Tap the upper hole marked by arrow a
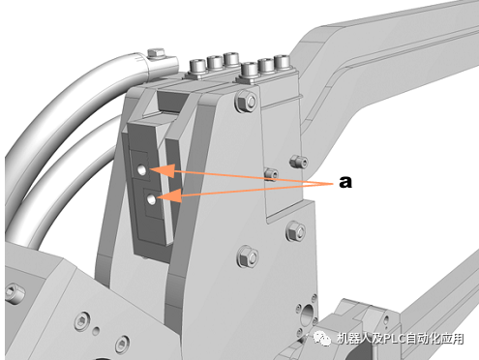[142, 169]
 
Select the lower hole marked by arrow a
[151, 199]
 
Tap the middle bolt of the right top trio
[267, 65]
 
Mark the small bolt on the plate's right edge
[298, 158]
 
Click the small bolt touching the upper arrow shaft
[270, 176]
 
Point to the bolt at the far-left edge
[12, 288]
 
